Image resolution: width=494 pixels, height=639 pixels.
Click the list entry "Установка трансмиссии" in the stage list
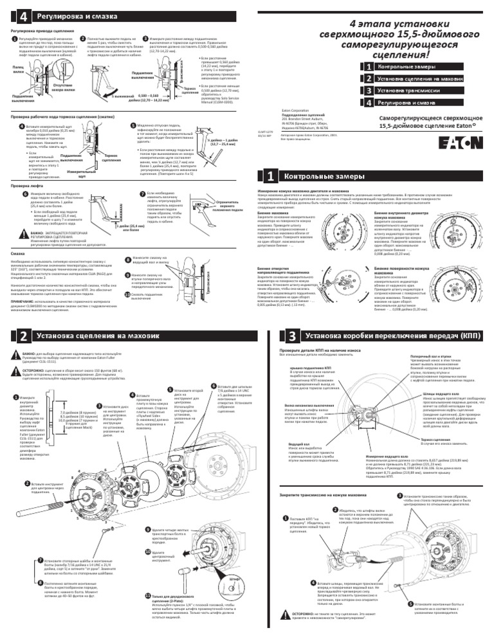[407, 91]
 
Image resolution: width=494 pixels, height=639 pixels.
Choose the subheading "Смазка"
[19, 254]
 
